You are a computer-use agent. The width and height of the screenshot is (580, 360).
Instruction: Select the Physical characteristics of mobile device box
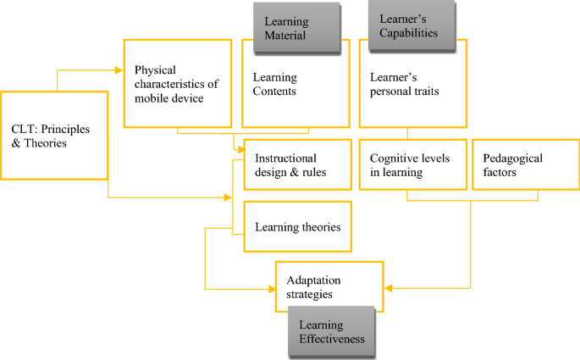click(175, 84)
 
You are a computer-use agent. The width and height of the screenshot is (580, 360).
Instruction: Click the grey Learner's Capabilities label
click(409, 26)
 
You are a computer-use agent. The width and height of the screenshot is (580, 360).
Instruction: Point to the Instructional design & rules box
click(297, 164)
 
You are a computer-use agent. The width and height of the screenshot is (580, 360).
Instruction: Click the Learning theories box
click(297, 226)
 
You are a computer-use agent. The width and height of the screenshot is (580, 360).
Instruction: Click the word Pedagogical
click(511, 158)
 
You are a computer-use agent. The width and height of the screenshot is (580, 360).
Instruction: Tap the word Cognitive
click(391, 158)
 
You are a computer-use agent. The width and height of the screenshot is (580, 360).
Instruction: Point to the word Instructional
click(286, 158)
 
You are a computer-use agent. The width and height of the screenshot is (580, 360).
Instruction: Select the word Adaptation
click(313, 280)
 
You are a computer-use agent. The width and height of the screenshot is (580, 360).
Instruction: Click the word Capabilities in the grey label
click(409, 34)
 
